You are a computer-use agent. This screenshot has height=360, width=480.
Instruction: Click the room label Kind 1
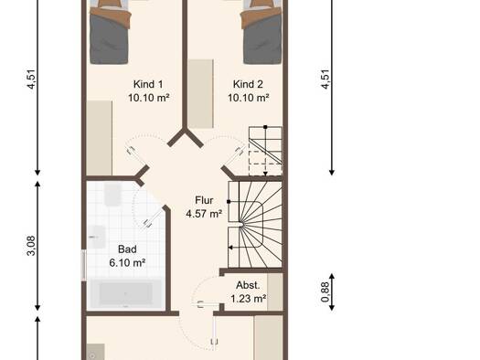coord(148,84)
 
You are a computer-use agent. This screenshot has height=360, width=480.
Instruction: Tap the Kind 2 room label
coord(248,84)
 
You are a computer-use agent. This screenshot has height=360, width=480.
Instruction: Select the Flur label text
coord(204,200)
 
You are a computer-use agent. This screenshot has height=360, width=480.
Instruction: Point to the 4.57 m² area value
coord(204,214)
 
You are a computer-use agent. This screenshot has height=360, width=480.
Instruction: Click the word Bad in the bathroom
coord(127,249)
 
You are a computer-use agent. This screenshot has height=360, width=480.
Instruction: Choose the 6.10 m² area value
coord(127,263)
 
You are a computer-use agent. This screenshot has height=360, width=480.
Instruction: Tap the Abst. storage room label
coord(248,285)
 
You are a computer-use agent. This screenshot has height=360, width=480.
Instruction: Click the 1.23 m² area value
coord(248,299)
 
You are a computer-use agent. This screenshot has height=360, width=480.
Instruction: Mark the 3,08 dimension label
coord(31,246)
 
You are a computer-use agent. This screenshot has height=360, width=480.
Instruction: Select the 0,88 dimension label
coord(325,291)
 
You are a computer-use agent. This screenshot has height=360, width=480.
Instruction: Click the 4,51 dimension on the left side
coord(31,79)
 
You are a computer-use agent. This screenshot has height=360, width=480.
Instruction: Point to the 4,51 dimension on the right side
coord(325,79)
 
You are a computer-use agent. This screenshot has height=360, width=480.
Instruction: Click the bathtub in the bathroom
coord(125,294)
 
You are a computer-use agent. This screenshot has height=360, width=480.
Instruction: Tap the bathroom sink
coord(97,237)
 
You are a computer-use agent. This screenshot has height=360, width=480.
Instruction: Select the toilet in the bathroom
coord(112,195)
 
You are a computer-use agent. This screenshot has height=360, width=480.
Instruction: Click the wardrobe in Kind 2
coord(201,93)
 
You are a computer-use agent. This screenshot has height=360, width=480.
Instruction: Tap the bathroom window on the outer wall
coord(83,265)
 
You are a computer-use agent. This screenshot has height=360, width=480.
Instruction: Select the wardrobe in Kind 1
coord(99,138)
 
